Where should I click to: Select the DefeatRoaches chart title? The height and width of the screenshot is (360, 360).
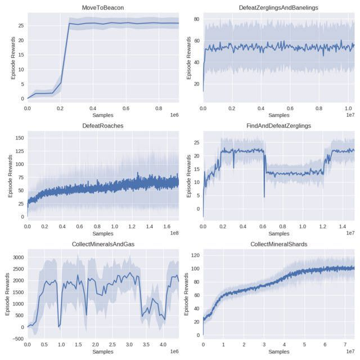103,125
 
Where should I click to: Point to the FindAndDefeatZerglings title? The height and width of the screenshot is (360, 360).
278,125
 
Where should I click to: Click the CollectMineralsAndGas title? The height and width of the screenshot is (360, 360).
103,244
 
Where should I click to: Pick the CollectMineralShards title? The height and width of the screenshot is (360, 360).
278,244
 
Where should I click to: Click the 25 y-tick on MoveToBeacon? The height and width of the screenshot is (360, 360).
21,25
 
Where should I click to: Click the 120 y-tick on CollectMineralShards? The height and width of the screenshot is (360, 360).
195,255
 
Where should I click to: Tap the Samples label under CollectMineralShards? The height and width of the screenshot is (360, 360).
278,352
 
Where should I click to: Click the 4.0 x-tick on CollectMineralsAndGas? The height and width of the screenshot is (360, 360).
163,344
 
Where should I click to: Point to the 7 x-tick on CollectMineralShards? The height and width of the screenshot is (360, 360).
345,344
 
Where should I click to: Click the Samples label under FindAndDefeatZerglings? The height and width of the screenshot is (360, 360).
278,233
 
